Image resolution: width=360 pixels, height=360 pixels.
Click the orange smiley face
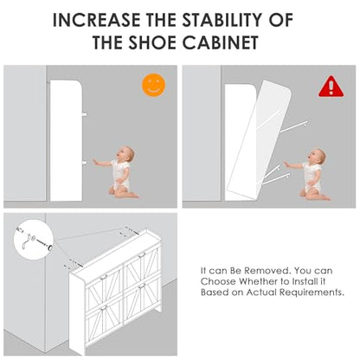[153, 85]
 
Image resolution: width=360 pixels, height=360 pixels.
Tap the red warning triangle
[331, 87]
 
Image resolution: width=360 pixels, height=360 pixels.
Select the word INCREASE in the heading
[96, 20]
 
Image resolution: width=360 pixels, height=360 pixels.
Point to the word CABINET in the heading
[221, 42]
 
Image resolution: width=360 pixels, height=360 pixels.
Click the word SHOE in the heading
[152, 42]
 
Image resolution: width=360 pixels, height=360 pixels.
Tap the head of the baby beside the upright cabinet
[126, 154]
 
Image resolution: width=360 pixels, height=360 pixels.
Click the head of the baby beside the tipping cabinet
[317, 157]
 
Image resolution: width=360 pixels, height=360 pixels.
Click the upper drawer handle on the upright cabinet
[84, 114]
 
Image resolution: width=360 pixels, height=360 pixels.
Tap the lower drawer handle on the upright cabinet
[84, 163]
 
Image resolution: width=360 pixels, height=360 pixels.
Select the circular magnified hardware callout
[34, 239]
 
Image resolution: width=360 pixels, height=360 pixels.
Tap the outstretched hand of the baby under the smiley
[95, 162]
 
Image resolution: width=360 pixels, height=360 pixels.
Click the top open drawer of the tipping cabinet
[293, 127]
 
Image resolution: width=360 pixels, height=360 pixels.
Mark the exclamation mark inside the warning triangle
[331, 87]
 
